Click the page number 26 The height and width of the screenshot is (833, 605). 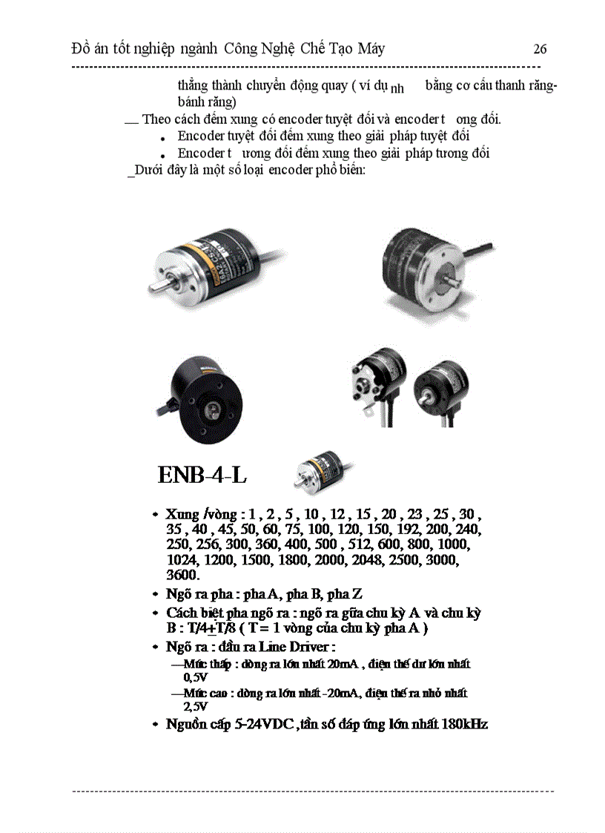click(x=540, y=50)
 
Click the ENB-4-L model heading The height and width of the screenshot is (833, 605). click(x=202, y=475)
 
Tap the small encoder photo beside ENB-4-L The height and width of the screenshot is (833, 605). click(x=317, y=472)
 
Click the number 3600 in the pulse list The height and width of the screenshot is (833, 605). click(x=182, y=575)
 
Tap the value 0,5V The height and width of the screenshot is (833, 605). click(x=195, y=677)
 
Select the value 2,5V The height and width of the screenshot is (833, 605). click(x=195, y=707)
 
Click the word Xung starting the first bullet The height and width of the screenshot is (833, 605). click(x=182, y=515)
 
